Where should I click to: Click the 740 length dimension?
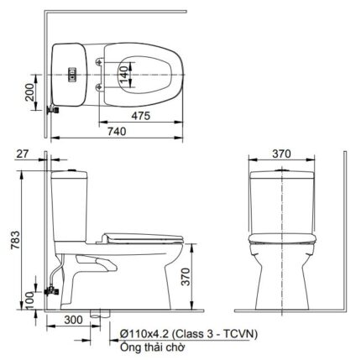click(117, 131)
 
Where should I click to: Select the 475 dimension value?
click(141, 116)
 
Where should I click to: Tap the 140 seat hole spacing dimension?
click(125, 75)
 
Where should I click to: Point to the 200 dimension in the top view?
click(29, 92)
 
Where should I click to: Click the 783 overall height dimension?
click(15, 240)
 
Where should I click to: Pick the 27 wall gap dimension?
click(23, 154)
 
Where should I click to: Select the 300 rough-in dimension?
click(73, 320)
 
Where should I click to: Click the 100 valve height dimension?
click(29, 300)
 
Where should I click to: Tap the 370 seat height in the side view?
click(186, 276)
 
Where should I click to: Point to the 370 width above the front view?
click(281, 154)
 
